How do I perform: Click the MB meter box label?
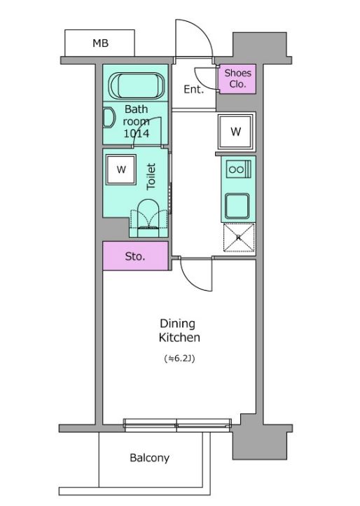point(100,43)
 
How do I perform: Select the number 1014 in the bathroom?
point(137,133)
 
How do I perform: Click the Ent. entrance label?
point(194,89)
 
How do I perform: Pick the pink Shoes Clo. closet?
point(237,78)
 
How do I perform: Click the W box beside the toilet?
point(121,170)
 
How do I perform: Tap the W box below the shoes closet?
point(236,131)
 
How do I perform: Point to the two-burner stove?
point(238,169)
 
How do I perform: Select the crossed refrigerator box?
point(239,238)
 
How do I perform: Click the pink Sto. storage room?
point(135,256)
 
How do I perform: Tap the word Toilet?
point(151,177)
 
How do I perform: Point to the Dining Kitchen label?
point(179,331)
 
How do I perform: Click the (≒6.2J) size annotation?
point(179,359)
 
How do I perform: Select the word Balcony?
point(149,458)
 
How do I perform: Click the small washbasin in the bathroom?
point(109,118)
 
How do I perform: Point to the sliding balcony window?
point(177,425)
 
